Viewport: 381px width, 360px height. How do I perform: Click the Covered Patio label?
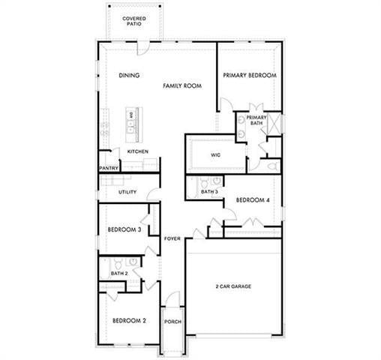[134, 20]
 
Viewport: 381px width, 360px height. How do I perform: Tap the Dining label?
[130, 75]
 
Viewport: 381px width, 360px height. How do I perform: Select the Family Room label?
[183, 86]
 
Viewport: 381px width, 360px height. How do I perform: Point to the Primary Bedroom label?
[250, 75]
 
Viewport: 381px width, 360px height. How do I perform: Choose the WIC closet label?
[215, 155]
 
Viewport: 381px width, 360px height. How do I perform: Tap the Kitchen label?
[137, 151]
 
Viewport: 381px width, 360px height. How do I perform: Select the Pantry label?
[109, 169]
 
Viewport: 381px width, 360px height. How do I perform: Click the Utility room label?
[127, 193]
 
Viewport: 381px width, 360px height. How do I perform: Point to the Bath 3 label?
[209, 193]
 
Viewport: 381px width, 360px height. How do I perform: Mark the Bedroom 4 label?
[252, 199]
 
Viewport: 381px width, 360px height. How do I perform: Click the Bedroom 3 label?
[124, 229]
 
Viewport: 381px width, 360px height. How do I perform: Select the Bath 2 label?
[120, 274]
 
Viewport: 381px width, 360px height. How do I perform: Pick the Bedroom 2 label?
[129, 321]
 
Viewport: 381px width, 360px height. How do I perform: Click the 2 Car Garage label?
[232, 286]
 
